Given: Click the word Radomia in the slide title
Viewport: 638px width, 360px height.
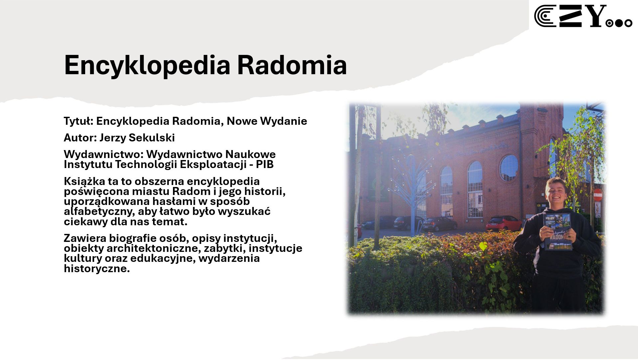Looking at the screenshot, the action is click(x=292, y=65).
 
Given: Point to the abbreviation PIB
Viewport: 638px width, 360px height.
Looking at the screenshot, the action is click(x=265, y=164).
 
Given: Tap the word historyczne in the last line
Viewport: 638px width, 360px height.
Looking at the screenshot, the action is click(x=97, y=269).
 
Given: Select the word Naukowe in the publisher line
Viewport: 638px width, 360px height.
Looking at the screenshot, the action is click(x=250, y=154).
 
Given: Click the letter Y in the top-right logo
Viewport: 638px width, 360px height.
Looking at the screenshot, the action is click(x=597, y=16).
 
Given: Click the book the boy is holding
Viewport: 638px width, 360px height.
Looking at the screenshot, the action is click(x=558, y=232).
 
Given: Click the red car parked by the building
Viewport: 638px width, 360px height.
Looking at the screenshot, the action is click(x=504, y=223).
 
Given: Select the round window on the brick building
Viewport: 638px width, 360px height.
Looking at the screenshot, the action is click(x=509, y=168).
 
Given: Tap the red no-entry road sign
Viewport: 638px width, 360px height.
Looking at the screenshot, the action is click(x=598, y=195).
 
